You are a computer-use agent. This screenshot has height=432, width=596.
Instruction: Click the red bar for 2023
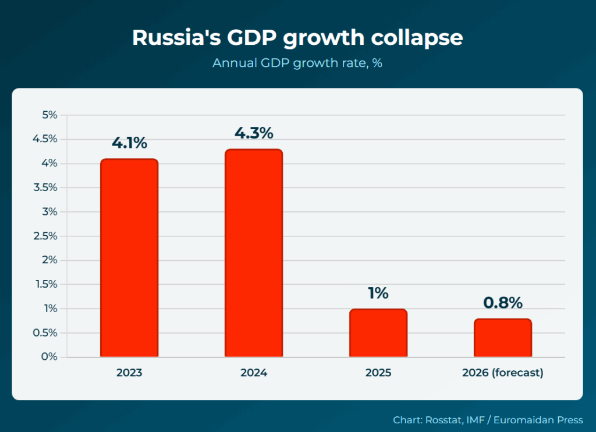(129, 258)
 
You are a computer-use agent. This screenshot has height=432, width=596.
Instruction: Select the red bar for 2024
(254, 253)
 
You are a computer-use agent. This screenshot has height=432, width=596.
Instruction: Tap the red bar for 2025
(378, 333)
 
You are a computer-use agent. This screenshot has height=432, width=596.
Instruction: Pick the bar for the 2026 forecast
(502, 338)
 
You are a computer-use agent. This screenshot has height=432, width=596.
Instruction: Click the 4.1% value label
(129, 143)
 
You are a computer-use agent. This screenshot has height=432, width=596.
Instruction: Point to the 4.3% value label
(254, 133)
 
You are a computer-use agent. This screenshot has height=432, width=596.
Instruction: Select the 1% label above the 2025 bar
(378, 293)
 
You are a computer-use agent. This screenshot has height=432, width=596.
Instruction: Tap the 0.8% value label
(503, 303)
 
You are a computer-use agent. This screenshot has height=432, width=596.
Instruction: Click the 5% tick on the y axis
(49, 115)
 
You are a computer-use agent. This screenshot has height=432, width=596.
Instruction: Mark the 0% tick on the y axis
(49, 357)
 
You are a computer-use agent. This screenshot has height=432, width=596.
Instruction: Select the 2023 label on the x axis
(129, 373)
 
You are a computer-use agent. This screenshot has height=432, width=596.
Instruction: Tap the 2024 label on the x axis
(254, 373)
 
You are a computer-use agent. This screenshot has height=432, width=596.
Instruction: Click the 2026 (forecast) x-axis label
(502, 373)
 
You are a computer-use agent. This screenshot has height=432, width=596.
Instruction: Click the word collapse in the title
(417, 37)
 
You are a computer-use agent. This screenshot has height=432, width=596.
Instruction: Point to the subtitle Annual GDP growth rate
(297, 63)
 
